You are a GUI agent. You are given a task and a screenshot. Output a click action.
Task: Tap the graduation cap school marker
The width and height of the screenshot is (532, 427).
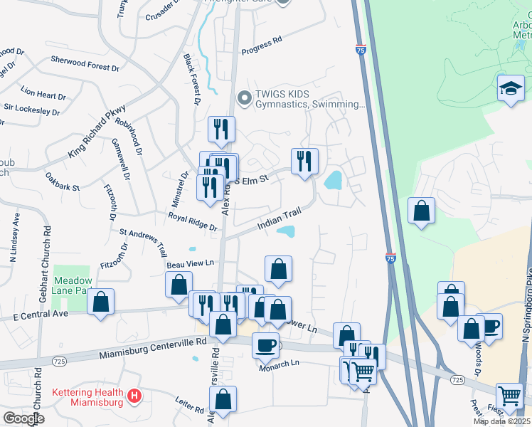pyautogui.click(x=510, y=89)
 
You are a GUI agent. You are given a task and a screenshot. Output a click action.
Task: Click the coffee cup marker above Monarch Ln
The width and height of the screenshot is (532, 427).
pyautogui.click(x=265, y=345)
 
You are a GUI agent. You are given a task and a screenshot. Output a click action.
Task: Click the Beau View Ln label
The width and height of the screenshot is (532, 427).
pyautogui.click(x=190, y=263)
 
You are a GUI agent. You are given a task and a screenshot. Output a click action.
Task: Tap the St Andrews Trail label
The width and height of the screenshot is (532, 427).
pyautogui.click(x=143, y=241)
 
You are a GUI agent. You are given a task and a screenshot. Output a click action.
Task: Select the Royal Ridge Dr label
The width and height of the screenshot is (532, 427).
pyautogui.click(x=192, y=221)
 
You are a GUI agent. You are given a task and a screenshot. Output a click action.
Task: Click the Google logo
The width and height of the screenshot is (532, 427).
pyautogui.click(x=23, y=418)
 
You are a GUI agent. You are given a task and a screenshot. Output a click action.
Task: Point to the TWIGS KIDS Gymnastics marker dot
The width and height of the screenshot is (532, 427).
pyautogui.click(x=245, y=97)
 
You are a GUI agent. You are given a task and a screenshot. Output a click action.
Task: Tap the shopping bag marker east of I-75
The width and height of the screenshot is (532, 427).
pyautogui.click(x=422, y=211)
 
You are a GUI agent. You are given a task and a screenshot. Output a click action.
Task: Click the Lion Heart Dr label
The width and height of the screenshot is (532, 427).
pyautogui.click(x=43, y=93)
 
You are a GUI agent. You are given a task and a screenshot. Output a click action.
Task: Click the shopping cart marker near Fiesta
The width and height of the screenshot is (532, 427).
pyautogui.click(x=509, y=395)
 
